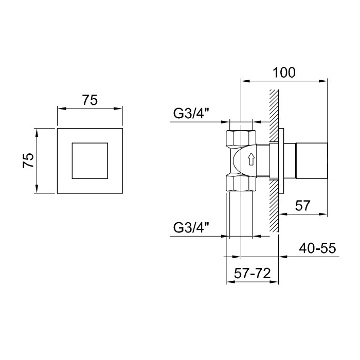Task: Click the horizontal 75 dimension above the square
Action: coord(89,101)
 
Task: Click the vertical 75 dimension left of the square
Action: coord(29,160)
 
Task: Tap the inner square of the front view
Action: coord(89,160)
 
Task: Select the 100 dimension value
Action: coord(284,73)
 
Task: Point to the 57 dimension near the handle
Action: coord(303,206)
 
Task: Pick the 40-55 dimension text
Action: coord(317,249)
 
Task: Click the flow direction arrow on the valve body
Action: coord(251,159)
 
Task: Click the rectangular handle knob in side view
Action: coord(311,160)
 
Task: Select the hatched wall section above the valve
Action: coord(273,108)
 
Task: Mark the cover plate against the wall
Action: coord(281,160)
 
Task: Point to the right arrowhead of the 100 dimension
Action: coord(325,80)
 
